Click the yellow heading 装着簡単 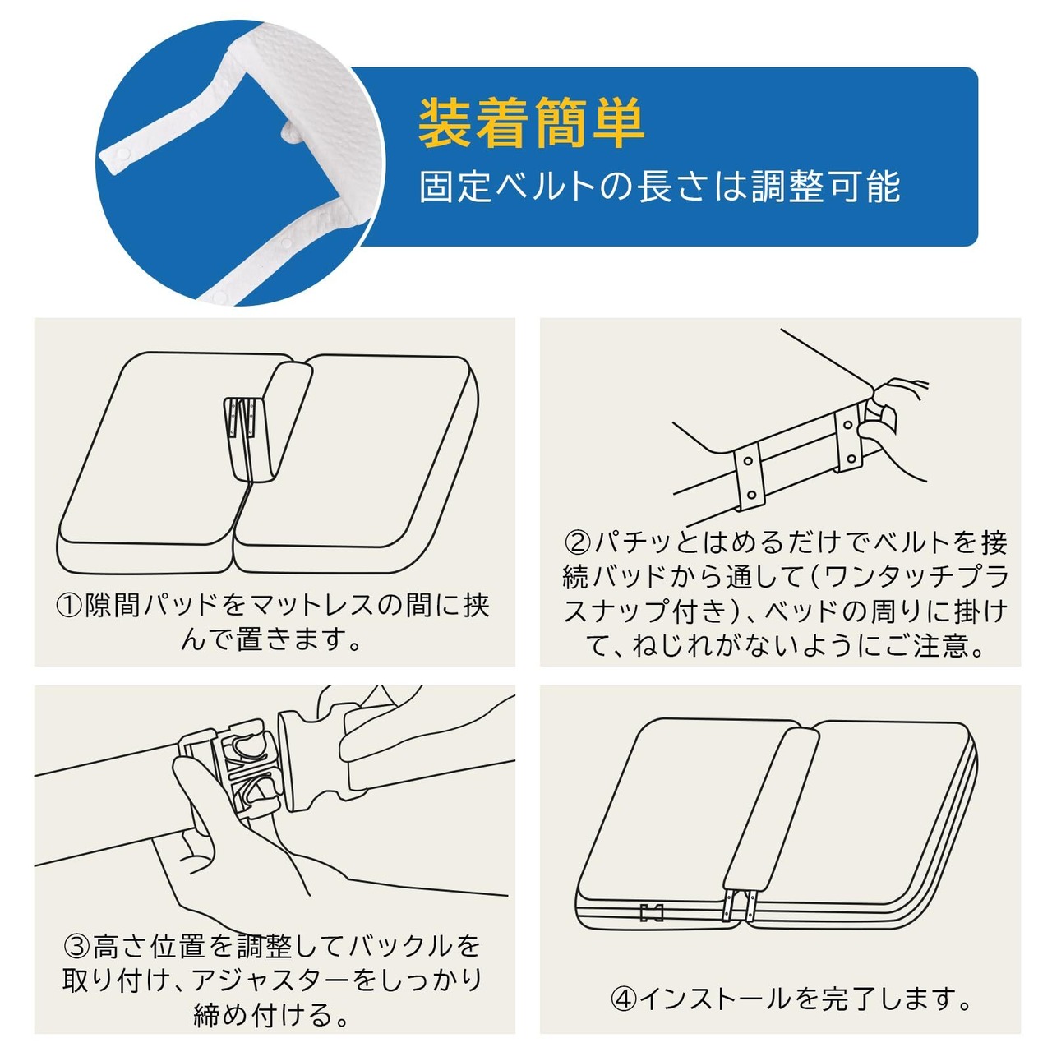pyautogui.click(x=531, y=124)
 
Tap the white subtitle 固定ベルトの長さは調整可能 pyautogui.click(x=659, y=187)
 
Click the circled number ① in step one pyautogui.click(x=70, y=605)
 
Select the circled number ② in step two pyautogui.click(x=578, y=542)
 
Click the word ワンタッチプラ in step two pyautogui.click(x=914, y=576)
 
